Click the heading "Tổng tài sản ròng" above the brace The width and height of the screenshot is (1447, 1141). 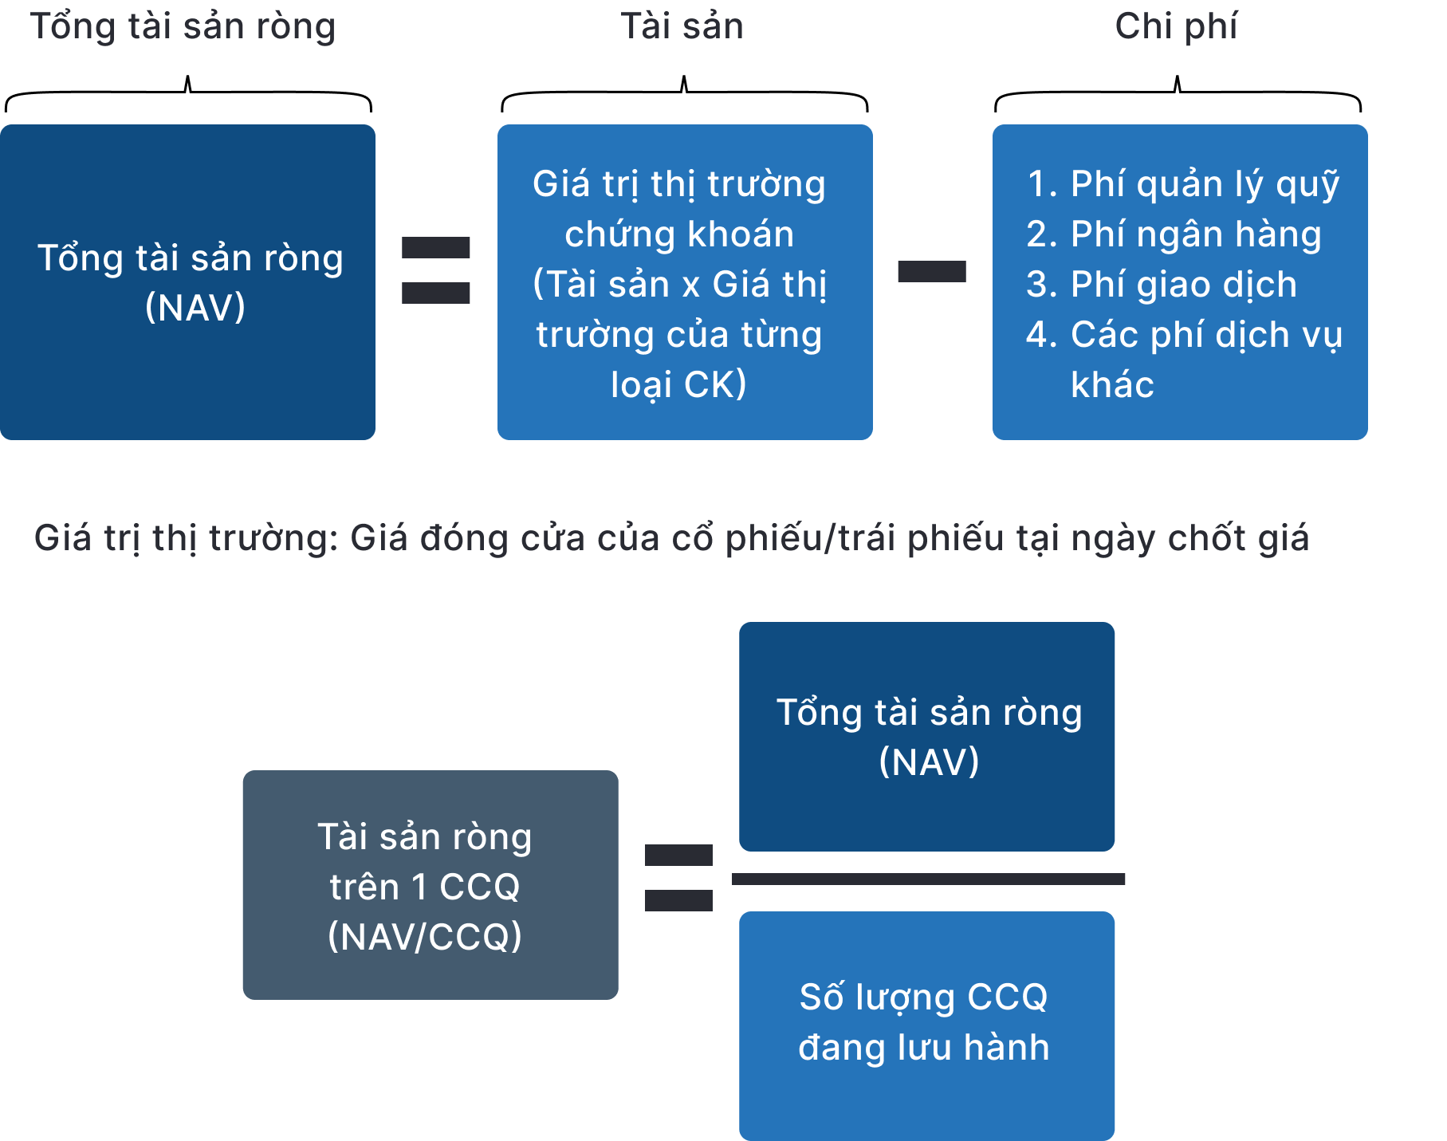(x=183, y=27)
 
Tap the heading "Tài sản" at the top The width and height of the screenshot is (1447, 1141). (x=682, y=26)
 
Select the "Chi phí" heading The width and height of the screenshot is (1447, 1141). (x=1176, y=26)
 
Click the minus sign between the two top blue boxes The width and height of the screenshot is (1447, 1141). (x=932, y=271)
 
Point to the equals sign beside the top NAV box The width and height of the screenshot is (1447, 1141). (x=435, y=270)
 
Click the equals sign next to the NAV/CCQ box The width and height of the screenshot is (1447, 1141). (x=678, y=877)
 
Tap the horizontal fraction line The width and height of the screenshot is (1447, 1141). (x=928, y=879)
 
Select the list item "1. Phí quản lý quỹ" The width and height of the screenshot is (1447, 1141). (x=1183, y=185)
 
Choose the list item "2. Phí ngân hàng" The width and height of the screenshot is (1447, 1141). (x=1174, y=234)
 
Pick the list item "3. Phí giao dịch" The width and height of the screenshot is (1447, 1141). (x=1162, y=285)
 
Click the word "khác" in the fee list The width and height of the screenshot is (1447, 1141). (x=1112, y=385)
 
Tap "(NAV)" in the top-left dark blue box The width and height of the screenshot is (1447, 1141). (x=195, y=308)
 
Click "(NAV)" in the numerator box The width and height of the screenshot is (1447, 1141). (x=929, y=762)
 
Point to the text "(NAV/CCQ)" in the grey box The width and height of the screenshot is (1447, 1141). (x=425, y=937)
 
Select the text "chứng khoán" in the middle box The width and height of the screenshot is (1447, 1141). (x=679, y=234)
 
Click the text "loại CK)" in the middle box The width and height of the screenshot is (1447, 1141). (x=678, y=385)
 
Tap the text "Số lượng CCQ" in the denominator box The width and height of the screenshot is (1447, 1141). (x=924, y=997)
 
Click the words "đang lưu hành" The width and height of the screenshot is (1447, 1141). (x=924, y=1048)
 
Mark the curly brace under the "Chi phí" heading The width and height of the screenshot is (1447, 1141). (x=1178, y=93)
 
